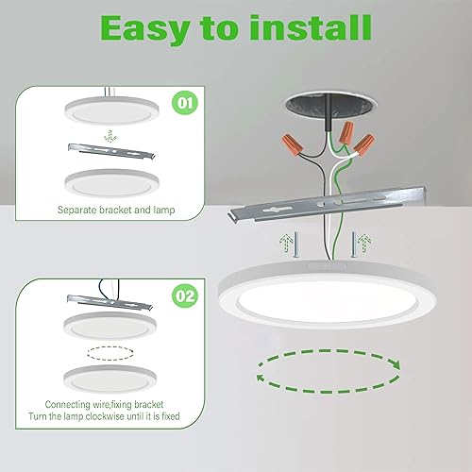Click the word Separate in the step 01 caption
coord(79,210)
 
